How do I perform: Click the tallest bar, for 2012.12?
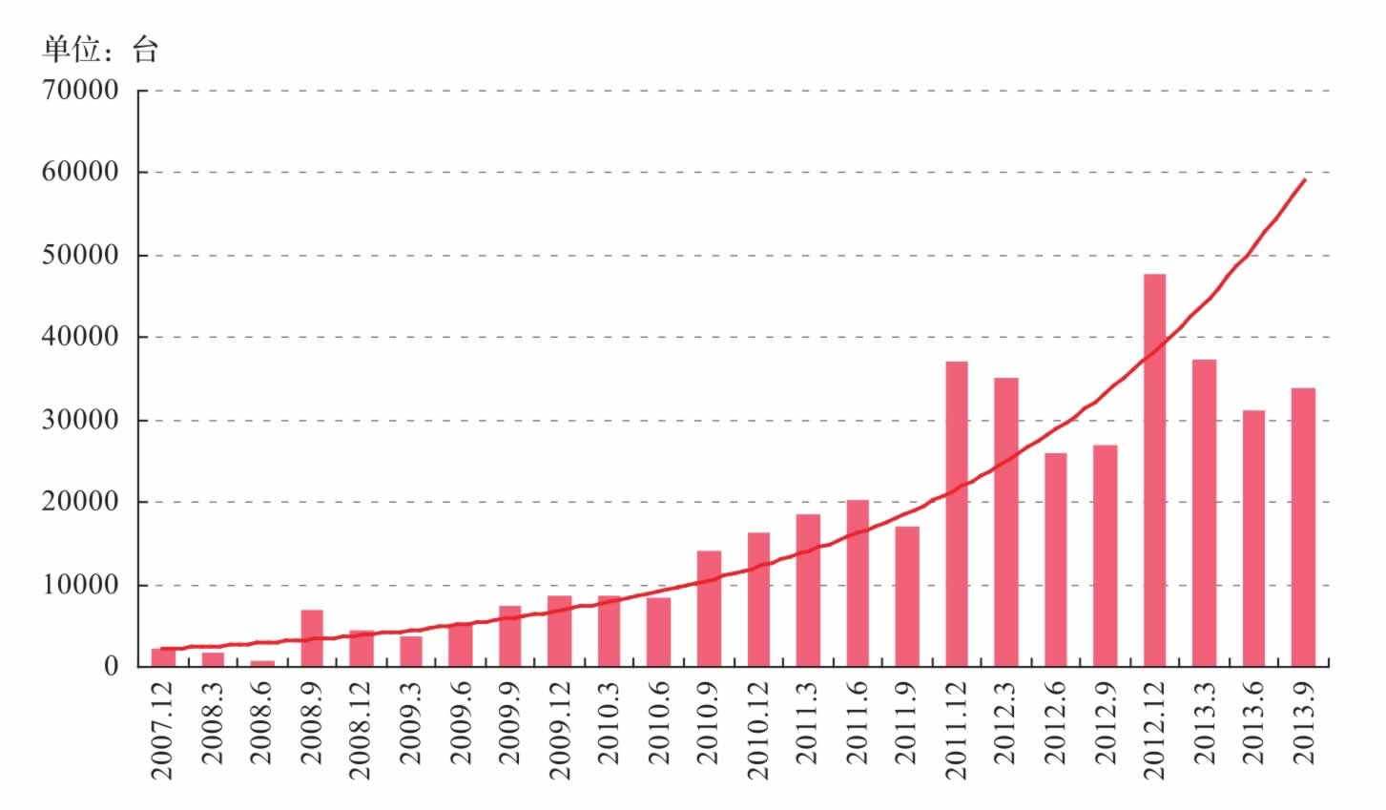[x=1154, y=470]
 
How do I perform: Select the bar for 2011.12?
[x=957, y=513]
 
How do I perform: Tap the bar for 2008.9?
[x=312, y=638]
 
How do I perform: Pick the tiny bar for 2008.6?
[x=262, y=663]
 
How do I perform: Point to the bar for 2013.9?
[x=1303, y=528]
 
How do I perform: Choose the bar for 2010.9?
[x=709, y=609]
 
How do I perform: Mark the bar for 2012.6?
[x=1056, y=559]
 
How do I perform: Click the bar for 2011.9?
[x=907, y=596]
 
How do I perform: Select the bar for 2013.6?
[x=1253, y=538]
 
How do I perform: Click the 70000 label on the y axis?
[x=80, y=91]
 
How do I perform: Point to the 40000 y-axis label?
[x=80, y=337]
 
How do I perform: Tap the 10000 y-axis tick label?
[x=80, y=585]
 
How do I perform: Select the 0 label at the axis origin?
[x=112, y=667]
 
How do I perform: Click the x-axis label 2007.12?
[x=162, y=731]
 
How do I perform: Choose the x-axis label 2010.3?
[x=609, y=723]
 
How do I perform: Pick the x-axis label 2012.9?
[x=1106, y=723]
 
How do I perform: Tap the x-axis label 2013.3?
[x=1204, y=723]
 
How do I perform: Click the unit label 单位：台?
[x=101, y=50]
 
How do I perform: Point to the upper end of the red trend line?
[x=1305, y=179]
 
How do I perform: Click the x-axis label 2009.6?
[x=461, y=723]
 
